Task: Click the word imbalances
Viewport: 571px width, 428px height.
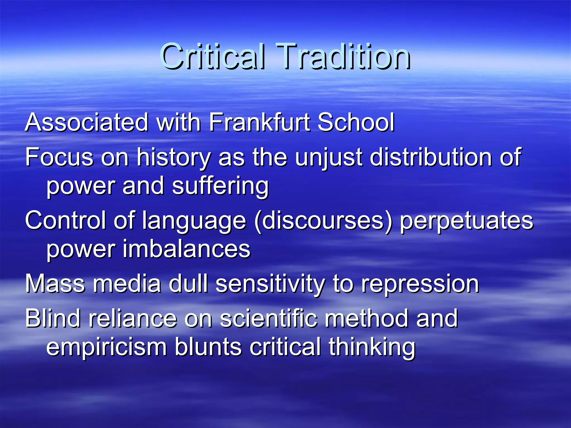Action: pyautogui.click(x=187, y=249)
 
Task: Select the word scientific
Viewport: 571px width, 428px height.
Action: pyautogui.click(x=268, y=318)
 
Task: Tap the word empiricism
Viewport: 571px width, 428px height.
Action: pyautogui.click(x=107, y=347)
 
